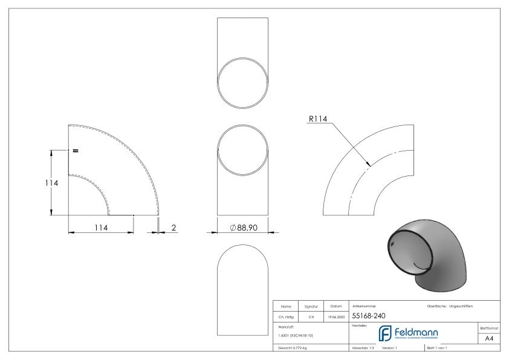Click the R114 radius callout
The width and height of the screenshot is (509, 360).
[317, 120]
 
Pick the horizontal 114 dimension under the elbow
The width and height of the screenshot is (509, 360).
[101, 227]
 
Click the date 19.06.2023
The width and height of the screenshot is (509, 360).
[336, 316]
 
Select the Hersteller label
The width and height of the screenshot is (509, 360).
[358, 325]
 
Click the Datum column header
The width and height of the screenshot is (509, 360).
[336, 306]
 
